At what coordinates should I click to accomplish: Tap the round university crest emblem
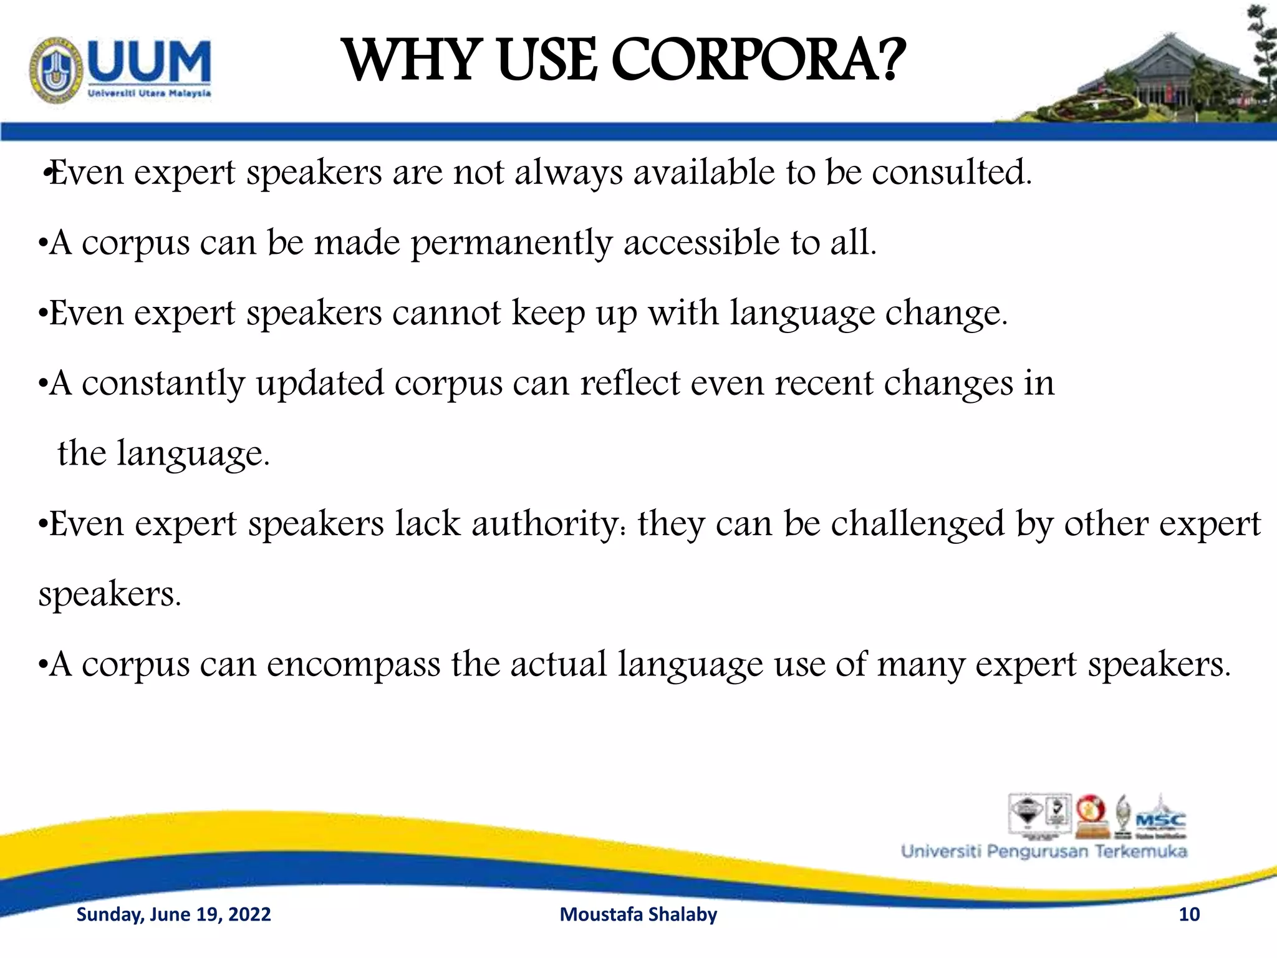pyautogui.click(x=56, y=70)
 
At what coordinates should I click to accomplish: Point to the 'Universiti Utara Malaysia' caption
pyautogui.click(x=149, y=94)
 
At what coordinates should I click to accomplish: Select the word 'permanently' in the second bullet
pyautogui.click(x=511, y=243)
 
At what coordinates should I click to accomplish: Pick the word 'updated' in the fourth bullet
pyautogui.click(x=319, y=384)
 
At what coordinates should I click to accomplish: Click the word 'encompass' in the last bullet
pyautogui.click(x=354, y=664)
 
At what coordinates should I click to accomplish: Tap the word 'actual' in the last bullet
pyautogui.click(x=558, y=664)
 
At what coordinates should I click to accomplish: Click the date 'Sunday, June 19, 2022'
pyautogui.click(x=173, y=914)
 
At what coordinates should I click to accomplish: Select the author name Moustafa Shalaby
pyautogui.click(x=638, y=914)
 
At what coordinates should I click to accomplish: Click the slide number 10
pyautogui.click(x=1188, y=914)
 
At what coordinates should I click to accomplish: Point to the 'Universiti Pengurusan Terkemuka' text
pyautogui.click(x=1044, y=851)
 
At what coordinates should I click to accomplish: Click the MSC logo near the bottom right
pyautogui.click(x=1160, y=820)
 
